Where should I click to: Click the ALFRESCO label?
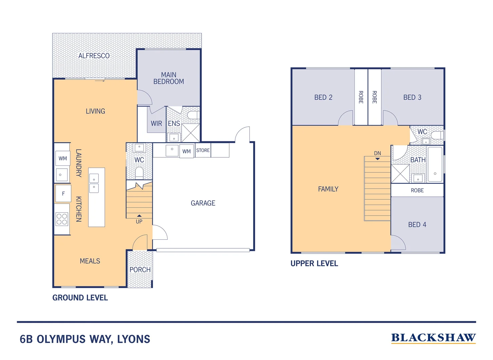point(94,56)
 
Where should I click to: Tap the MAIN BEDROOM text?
point(169,78)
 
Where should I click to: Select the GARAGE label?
point(203,203)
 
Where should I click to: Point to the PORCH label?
point(140,270)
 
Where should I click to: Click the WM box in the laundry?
point(63,159)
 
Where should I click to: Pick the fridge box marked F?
point(63,194)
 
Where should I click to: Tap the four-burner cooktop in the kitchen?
point(62,219)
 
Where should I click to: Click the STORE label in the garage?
point(203,150)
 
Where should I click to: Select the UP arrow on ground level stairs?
point(139,216)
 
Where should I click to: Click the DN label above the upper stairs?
point(377,153)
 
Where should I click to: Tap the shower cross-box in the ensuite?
point(191,133)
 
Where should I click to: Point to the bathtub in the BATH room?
point(435,164)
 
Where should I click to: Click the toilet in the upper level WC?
point(437,135)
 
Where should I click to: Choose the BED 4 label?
point(417,225)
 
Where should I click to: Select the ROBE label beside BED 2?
point(361,97)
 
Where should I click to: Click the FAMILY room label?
point(328,189)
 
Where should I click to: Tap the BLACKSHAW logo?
point(433,338)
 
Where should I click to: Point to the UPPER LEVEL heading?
point(314,263)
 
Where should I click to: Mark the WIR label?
point(156,124)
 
